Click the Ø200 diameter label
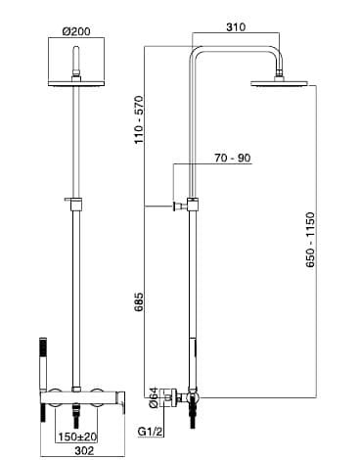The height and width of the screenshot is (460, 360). click(x=76, y=31)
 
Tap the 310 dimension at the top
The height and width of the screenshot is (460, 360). click(x=236, y=26)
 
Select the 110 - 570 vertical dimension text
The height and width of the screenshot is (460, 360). click(x=139, y=120)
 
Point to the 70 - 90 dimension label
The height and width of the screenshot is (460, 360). click(x=233, y=158)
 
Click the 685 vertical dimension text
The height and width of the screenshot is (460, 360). click(x=139, y=301)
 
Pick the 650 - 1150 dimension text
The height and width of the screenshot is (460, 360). click(x=310, y=240)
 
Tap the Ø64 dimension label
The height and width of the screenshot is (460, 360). click(x=154, y=397)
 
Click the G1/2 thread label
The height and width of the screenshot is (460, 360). click(x=150, y=432)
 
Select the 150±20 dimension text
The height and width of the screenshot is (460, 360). click(x=77, y=437)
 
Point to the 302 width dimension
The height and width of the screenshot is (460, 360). click(x=84, y=450)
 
